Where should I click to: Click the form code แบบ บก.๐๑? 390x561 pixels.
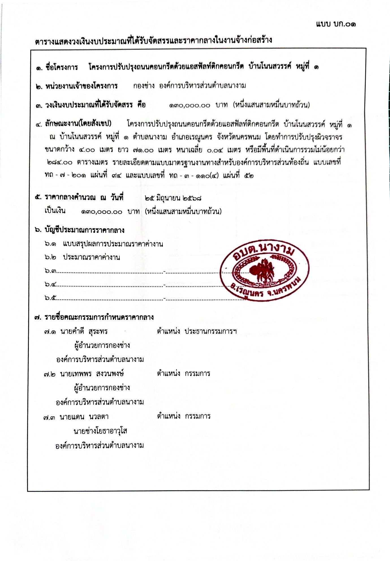click(336, 24)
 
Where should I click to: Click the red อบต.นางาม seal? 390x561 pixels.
click(265, 270)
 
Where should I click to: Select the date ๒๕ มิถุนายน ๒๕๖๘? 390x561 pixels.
click(173, 198)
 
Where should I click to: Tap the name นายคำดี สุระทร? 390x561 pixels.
click(84, 331)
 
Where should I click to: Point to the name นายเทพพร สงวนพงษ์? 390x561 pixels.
click(92, 374)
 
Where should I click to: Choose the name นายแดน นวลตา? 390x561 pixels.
click(84, 417)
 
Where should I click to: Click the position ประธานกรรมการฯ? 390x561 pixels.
click(211, 331)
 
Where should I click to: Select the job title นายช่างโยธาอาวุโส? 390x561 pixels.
click(100, 431)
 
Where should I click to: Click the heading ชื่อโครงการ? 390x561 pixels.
click(62, 67)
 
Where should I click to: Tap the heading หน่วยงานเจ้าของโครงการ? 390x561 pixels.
click(81, 86)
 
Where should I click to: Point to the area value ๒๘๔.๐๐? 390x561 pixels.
click(60, 162)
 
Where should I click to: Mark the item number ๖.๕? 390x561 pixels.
click(50, 297)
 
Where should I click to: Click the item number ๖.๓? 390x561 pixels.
click(50, 271)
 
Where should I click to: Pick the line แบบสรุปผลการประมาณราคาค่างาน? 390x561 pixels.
click(113, 244)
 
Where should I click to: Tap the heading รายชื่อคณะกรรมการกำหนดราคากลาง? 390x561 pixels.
click(99, 317)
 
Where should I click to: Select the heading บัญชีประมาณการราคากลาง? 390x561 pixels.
click(84, 230)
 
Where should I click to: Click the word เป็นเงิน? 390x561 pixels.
click(55, 211)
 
